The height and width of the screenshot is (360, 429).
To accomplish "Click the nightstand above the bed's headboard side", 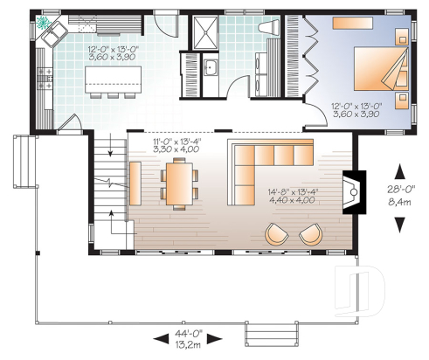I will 400,37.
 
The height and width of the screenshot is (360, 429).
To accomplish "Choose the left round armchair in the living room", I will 277,233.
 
